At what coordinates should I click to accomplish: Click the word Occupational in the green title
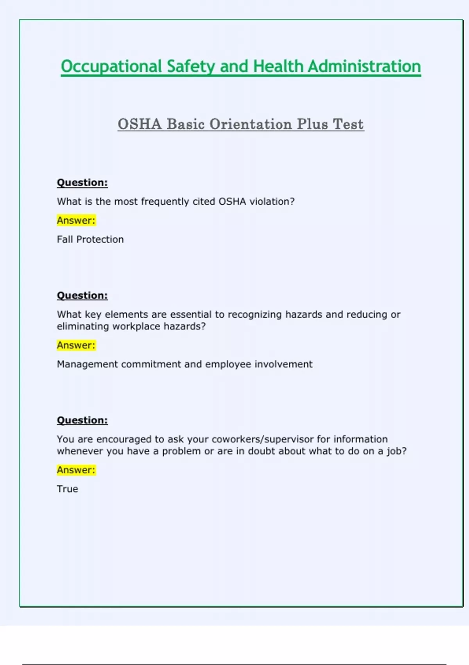pos(111,66)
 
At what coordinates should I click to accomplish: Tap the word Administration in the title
pos(364,66)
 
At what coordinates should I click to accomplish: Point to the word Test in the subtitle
pos(348,124)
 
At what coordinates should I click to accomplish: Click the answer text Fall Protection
pos(90,239)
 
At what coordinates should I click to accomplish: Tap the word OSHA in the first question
pos(232,201)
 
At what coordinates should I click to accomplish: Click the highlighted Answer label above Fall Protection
pos(76,220)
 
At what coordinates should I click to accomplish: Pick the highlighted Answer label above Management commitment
pos(76,345)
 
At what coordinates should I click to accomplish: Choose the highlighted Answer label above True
pos(76,470)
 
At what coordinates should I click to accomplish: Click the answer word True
pos(68,489)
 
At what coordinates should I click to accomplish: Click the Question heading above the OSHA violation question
pos(82,183)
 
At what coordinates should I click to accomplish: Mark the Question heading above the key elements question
pos(82,295)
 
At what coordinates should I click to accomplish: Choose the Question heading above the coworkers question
pos(82,420)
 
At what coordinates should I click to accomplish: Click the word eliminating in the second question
pos(83,326)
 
